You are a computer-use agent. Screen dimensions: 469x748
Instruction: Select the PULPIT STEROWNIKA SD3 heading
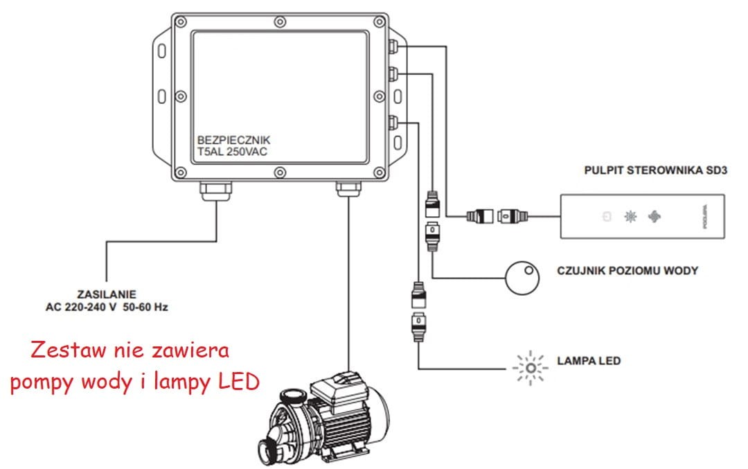pyautogui.click(x=655, y=170)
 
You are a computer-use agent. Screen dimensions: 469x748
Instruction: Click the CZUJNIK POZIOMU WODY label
pyautogui.click(x=627, y=271)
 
